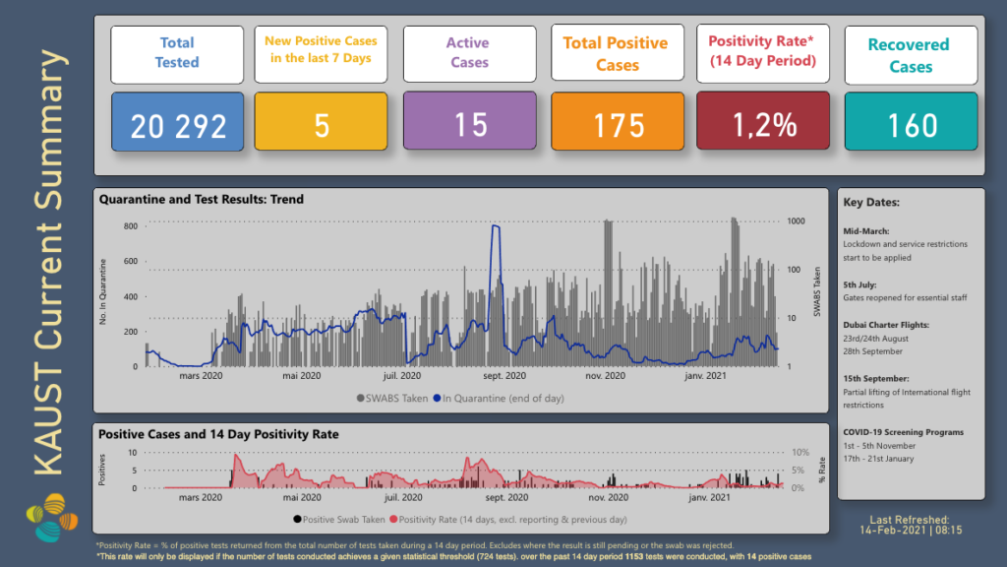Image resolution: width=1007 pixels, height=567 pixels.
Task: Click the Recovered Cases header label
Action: [x=911, y=55]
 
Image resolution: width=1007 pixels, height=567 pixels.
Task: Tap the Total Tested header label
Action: [x=177, y=52]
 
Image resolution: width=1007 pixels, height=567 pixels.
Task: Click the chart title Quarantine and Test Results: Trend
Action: [x=202, y=199]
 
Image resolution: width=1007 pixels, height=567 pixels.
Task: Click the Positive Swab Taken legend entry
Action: [x=338, y=519]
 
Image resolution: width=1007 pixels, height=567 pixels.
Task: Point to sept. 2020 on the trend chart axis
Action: [x=505, y=375]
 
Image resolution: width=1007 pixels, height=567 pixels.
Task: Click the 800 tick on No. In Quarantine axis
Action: [x=131, y=226]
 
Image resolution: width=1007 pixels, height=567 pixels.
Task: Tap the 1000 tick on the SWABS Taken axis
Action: [x=798, y=221]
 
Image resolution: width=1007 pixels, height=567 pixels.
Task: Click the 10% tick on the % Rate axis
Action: [x=800, y=454]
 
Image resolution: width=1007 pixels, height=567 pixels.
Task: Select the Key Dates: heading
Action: [x=871, y=203]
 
